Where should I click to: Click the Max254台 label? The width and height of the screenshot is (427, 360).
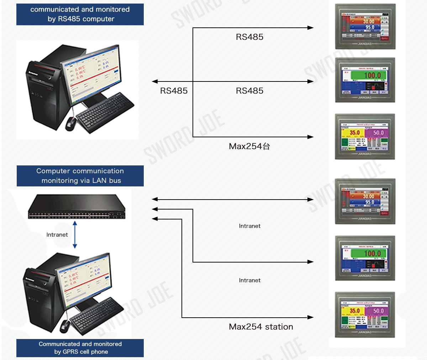pyautogui.click(x=249, y=146)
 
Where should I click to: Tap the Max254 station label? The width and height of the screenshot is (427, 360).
pyautogui.click(x=261, y=327)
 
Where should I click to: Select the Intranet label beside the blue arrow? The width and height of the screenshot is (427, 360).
pyautogui.click(x=57, y=235)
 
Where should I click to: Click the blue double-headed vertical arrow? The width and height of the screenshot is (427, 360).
pyautogui.click(x=75, y=235)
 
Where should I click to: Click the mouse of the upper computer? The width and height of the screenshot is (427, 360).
pyautogui.click(x=70, y=123)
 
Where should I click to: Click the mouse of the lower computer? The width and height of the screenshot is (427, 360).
pyautogui.click(x=65, y=325)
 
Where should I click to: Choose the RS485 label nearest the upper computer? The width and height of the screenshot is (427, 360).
pyautogui.click(x=174, y=91)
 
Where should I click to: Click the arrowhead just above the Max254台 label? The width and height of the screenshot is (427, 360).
pyautogui.click(x=310, y=137)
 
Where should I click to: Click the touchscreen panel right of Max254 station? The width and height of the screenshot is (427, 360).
pyautogui.click(x=365, y=315)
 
